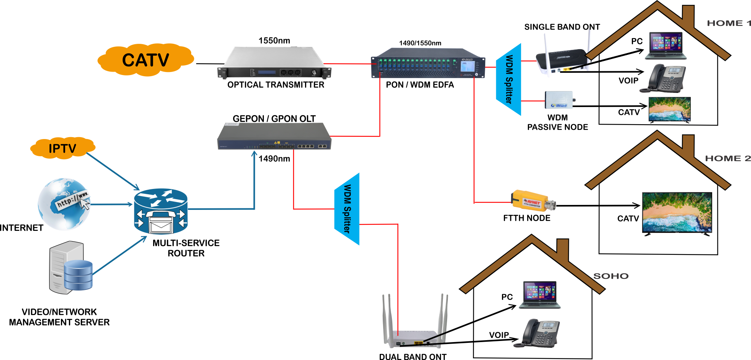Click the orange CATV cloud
(x=145, y=60)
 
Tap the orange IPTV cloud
(x=62, y=148)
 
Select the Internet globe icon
(x=64, y=204)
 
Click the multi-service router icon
(x=161, y=211)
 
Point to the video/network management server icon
(x=71, y=267)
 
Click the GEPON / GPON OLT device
(x=274, y=137)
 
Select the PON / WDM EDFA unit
(x=428, y=64)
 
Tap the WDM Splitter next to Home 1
(x=509, y=79)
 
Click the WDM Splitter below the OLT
(x=347, y=209)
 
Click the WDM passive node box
(x=559, y=100)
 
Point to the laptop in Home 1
(x=666, y=46)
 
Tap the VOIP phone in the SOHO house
(x=538, y=333)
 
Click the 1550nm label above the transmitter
(x=274, y=40)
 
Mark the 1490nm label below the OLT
(x=274, y=158)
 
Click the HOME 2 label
(x=728, y=158)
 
